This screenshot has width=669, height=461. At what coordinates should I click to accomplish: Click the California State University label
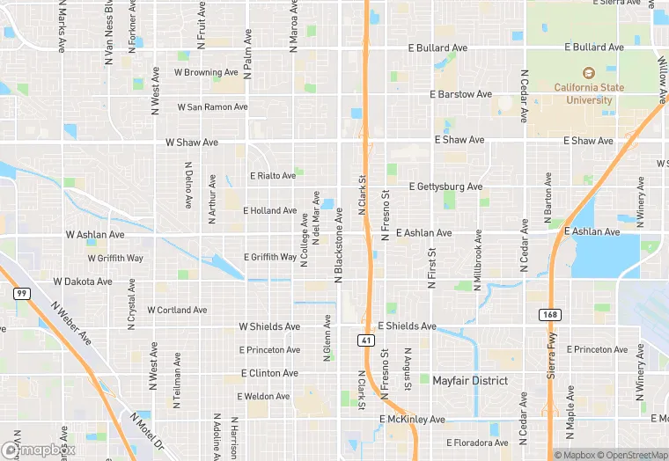pos(583,93)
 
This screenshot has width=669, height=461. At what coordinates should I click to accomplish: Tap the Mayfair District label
pos(470,381)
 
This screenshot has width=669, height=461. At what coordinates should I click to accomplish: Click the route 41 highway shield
pos(365,340)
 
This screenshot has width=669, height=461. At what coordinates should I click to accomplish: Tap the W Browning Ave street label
pos(206,72)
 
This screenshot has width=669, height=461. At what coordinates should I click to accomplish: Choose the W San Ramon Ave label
pos(212,107)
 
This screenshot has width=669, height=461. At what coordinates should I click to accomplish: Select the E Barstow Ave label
pos(460,94)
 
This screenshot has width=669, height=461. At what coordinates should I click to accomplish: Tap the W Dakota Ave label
pos(83,282)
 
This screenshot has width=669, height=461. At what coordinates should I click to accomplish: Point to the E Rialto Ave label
pos(273,176)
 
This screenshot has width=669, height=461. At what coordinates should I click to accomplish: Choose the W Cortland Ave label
pos(177,311)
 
